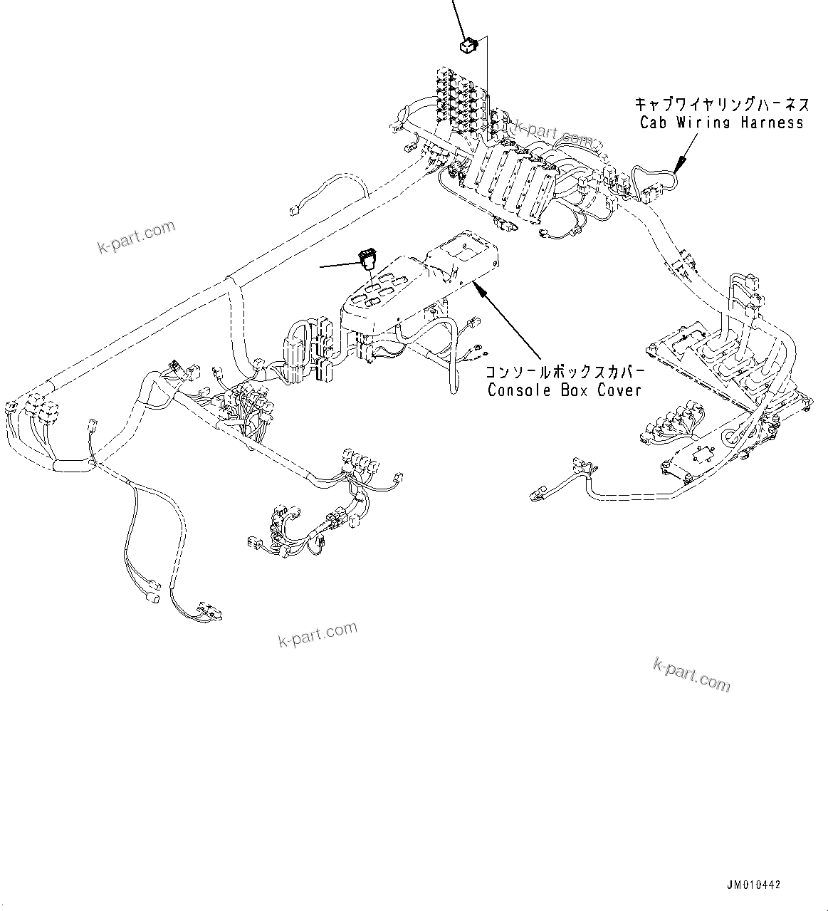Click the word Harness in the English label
pos(770,123)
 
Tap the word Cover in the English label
pos(619,390)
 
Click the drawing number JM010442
pos(754,885)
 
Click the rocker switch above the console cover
pos(367,258)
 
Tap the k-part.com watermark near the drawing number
pos(691,675)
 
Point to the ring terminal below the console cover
pos(482,349)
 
